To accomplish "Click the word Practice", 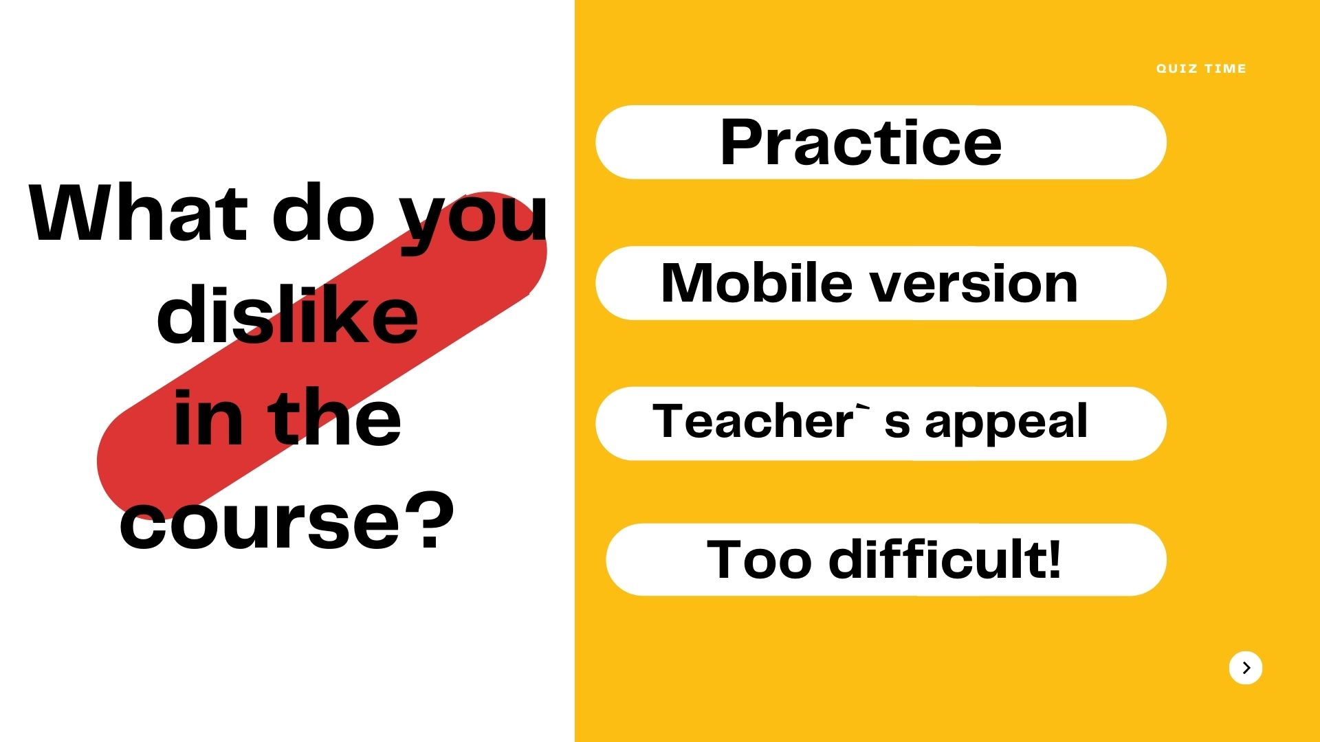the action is pyautogui.click(x=861, y=142).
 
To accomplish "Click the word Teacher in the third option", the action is pyautogui.click(x=753, y=420).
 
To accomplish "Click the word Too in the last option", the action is pyautogui.click(x=760, y=560).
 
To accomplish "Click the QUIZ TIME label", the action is pyautogui.click(x=1201, y=69).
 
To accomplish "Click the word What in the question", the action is pyautogui.click(x=138, y=212).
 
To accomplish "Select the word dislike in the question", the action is pyautogui.click(x=287, y=314).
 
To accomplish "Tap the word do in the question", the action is pyautogui.click(x=324, y=212).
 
